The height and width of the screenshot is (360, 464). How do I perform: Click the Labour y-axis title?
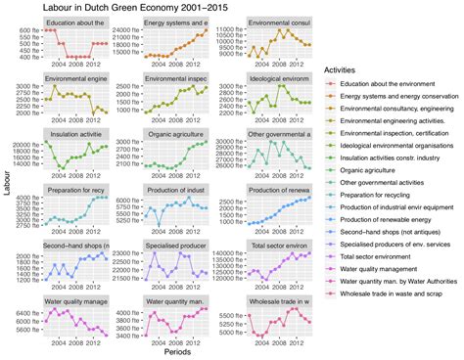click(8, 183)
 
